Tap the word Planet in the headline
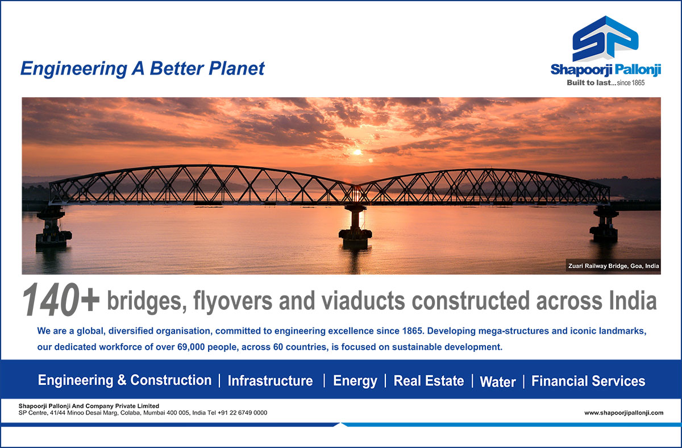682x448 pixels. [x=236, y=68]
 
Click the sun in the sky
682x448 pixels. [x=357, y=152]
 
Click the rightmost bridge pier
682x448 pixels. [x=605, y=223]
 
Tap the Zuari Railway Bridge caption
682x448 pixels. [x=613, y=266]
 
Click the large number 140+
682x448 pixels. [x=61, y=300]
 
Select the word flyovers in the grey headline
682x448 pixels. [x=232, y=301]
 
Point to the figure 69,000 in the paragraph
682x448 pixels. [x=191, y=347]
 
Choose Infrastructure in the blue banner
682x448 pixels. [x=271, y=381]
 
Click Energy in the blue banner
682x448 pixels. [x=355, y=381]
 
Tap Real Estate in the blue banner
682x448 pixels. [x=429, y=381]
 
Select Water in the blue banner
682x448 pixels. [x=498, y=381]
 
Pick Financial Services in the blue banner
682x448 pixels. [x=588, y=381]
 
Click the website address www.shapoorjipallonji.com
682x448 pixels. [x=624, y=413]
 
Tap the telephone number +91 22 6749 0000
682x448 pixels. [x=242, y=413]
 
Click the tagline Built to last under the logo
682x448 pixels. [x=589, y=82]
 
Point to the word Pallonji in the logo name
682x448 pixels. [x=638, y=70]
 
